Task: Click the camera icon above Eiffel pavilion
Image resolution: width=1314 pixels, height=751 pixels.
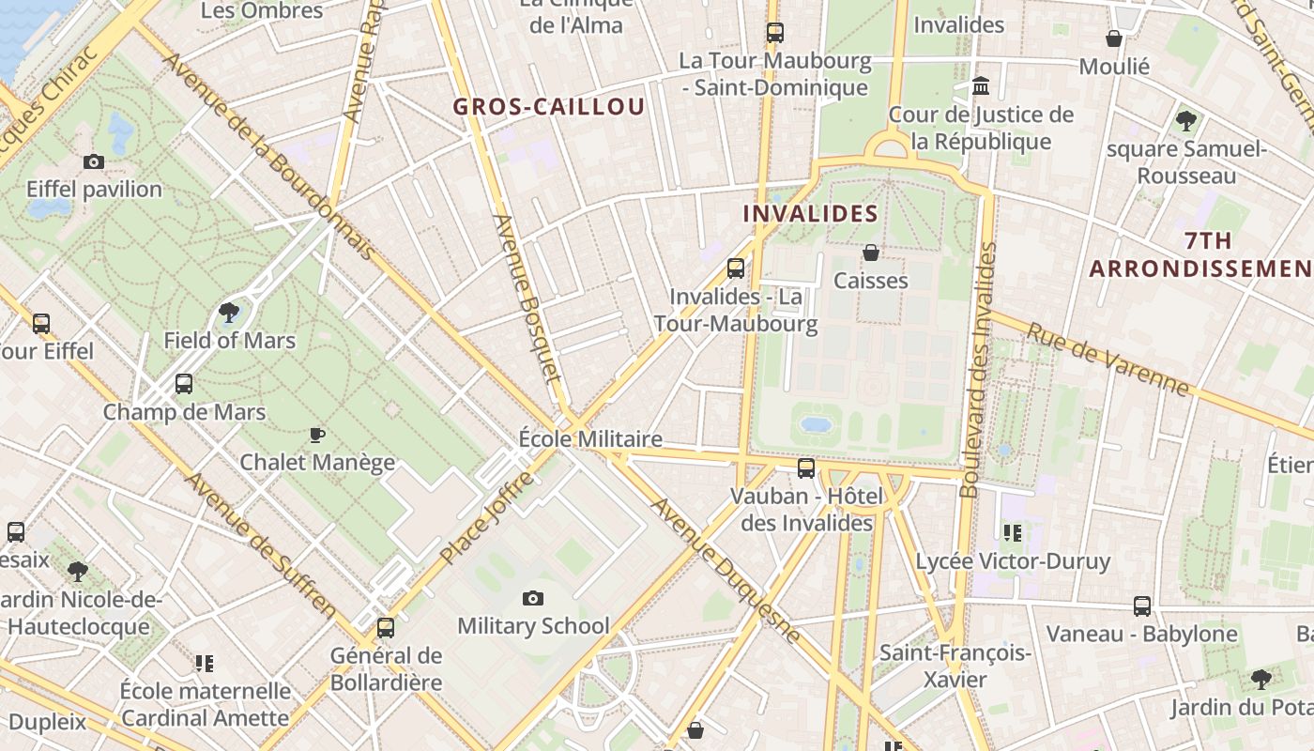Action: pos(93,161)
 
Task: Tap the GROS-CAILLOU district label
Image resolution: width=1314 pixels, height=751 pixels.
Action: pos(549,107)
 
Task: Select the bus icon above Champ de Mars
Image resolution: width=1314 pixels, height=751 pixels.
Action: pos(184,384)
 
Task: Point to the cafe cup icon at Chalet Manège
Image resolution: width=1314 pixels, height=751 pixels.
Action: pos(316,435)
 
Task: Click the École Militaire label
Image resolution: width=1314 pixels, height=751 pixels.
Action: pos(590,439)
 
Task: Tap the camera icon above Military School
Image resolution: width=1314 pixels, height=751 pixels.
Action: pos(532,598)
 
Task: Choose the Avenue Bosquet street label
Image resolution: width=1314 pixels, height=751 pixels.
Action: pos(527,299)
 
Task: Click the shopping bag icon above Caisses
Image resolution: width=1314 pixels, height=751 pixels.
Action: pos(871,253)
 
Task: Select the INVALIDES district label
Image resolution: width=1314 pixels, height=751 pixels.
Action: pos(811,214)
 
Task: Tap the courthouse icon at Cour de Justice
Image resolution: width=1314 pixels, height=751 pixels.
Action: pos(982,86)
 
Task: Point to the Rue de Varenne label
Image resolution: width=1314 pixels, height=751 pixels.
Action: pos(1108,360)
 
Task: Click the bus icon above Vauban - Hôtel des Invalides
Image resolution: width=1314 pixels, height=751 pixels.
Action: pos(805,468)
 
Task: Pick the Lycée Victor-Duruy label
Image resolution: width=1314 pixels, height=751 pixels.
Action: pos(1013,561)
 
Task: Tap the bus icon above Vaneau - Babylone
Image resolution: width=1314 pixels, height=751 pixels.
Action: pos(1141,605)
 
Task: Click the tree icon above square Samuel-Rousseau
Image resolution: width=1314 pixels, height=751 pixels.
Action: pos(1186,120)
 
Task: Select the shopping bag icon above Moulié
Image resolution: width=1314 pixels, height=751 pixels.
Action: pos(1114,38)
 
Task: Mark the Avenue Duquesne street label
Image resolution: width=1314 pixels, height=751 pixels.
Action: pos(726,571)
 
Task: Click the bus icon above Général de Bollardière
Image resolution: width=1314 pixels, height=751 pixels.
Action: pos(385,628)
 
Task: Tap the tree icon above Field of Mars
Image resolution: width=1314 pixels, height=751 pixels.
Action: pos(229,312)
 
